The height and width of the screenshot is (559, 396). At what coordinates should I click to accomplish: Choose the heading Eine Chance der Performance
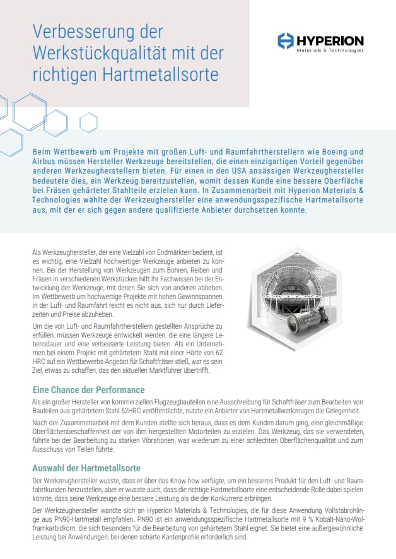coord(88,389)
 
